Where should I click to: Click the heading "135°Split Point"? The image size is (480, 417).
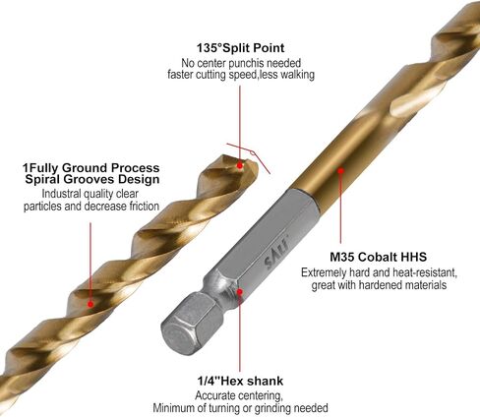240,48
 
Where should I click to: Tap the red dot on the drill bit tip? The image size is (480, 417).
240,165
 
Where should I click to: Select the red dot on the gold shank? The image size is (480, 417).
340,170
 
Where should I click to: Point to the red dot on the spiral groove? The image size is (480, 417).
90,304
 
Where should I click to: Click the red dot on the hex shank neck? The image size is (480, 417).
240,291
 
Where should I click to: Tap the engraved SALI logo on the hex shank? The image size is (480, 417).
276,253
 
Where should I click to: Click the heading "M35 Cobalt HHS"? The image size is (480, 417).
378,257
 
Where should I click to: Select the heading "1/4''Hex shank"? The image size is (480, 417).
240,381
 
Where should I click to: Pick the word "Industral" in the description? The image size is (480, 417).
61,194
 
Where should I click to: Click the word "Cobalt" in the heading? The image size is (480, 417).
378,257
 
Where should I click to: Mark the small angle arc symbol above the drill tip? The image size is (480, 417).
252,152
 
